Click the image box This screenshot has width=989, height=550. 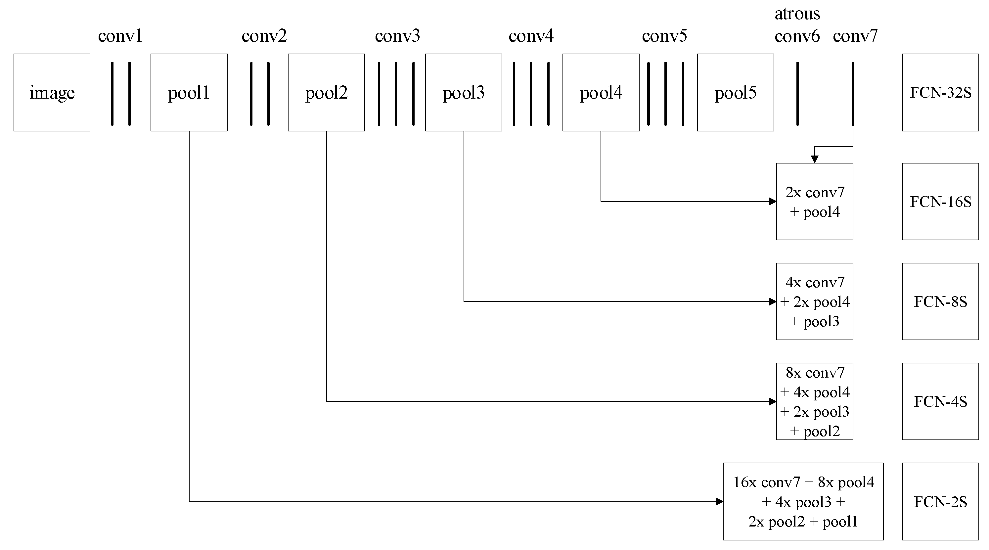pos(52,93)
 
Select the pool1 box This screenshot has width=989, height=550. pos(189,93)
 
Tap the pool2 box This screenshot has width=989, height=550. pos(326,93)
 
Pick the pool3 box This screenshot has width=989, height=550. pos(464,93)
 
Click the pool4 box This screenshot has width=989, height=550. pos(601,93)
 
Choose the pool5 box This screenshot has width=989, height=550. pos(735,93)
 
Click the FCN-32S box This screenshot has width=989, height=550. pos(940,93)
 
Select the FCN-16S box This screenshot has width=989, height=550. pos(940,202)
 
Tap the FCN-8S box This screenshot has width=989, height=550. pos(940,301)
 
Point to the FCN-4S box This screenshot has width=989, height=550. pos(940,401)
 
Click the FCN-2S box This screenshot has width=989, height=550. pos(940,502)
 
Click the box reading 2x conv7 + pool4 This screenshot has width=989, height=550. pos(814,202)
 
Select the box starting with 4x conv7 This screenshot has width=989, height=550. pos(814,301)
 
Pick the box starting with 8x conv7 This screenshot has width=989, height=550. pos(814,401)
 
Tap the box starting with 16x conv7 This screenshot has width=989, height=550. pos(803,502)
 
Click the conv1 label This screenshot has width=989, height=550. pos(120,36)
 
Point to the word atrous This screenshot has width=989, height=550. pos(797,14)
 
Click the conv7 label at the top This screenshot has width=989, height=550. pos(855,36)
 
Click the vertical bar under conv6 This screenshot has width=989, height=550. pos(797,94)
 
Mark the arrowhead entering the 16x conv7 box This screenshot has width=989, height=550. pos(719,502)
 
